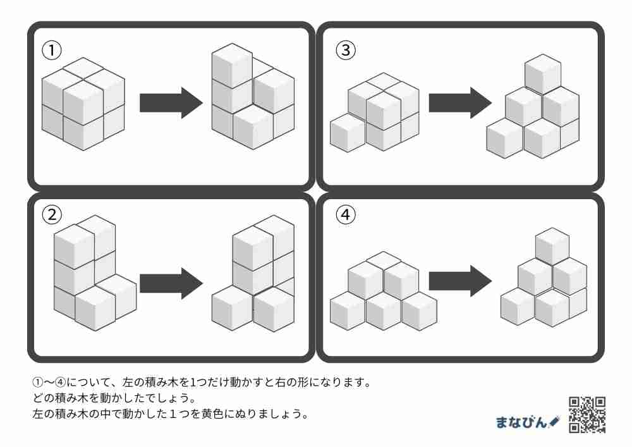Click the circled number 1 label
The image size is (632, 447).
coord(51,49)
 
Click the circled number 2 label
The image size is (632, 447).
coord(51,215)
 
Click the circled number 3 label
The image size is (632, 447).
coord(345,49)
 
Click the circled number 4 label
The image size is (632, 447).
coord(345,215)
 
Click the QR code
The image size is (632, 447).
coord(587,414)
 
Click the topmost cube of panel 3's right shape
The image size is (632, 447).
coord(543,73)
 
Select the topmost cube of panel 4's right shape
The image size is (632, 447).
coord(552,245)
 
